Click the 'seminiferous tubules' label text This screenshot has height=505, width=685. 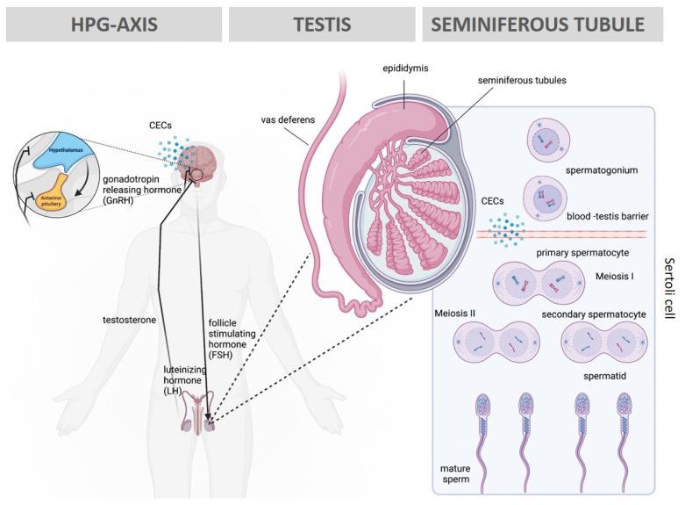point(520,81)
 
